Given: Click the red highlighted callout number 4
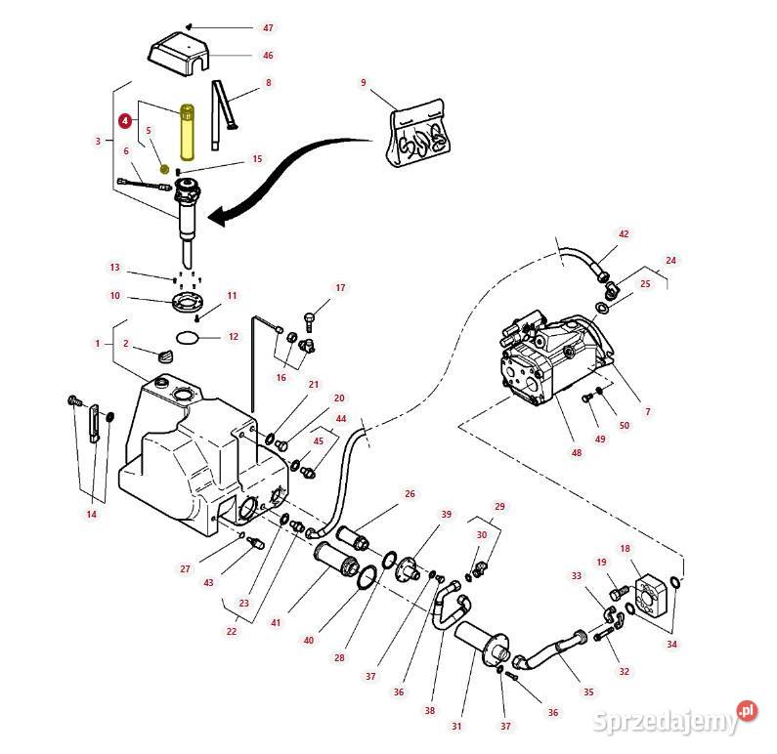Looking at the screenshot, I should coord(124,121).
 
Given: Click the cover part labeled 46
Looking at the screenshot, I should coord(181,55).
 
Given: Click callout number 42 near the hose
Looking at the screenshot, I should coord(624,234).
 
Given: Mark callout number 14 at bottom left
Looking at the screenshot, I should coord(92,514).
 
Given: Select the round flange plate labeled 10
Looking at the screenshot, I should coord(186,301).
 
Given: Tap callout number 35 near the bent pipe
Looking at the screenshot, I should coord(588,691).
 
